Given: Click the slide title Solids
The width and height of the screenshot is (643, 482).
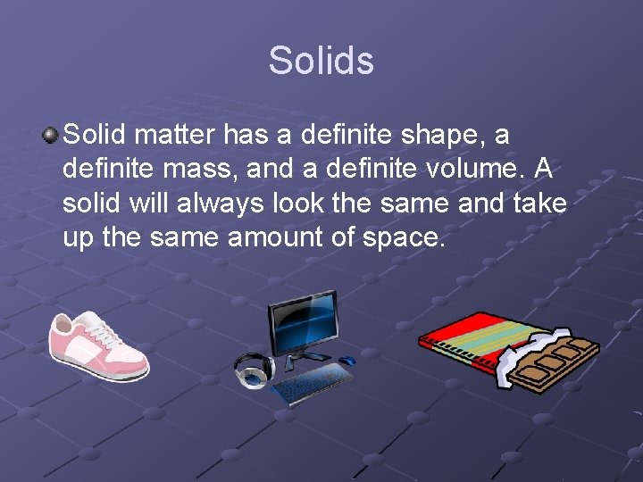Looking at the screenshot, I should (321, 61).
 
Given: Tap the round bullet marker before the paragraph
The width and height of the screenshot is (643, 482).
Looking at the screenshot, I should (51, 136).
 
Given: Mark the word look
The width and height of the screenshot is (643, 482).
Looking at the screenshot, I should (296, 203).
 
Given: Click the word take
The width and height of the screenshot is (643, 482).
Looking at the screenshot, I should (539, 203).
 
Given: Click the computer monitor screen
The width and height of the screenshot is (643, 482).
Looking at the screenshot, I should (303, 322).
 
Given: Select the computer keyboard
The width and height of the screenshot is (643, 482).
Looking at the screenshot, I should (312, 382).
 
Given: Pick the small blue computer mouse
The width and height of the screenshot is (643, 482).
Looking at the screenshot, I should (347, 361).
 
